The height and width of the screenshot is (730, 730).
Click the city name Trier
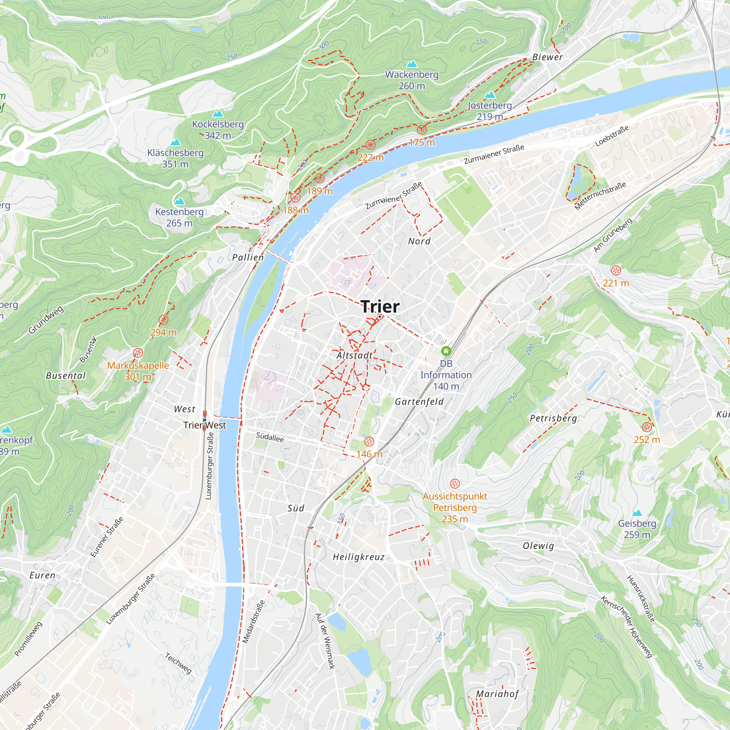[380, 307]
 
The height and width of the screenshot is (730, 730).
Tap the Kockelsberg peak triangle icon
[218, 114]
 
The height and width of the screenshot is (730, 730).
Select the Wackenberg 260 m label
[411, 80]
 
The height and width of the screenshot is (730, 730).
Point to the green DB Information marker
[446, 351]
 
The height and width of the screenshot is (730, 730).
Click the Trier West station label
[204, 425]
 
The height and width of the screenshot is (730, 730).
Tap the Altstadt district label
[354, 355]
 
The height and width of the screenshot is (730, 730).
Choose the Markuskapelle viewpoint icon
[138, 353]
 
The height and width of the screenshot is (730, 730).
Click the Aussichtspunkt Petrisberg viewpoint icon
[454, 483]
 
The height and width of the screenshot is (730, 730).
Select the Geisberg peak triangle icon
[637, 513]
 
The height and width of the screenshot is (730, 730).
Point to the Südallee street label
[270, 437]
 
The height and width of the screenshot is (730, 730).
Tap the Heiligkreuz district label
[358, 557]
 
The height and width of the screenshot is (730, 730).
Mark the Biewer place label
[547, 57]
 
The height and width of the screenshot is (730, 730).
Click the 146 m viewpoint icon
[369, 441]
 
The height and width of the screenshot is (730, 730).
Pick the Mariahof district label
[497, 694]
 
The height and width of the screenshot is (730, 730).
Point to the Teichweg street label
[178, 663]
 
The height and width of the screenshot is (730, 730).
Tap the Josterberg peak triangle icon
[490, 95]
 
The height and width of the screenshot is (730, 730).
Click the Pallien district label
[248, 257]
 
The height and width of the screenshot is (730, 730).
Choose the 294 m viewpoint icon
[163, 320]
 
